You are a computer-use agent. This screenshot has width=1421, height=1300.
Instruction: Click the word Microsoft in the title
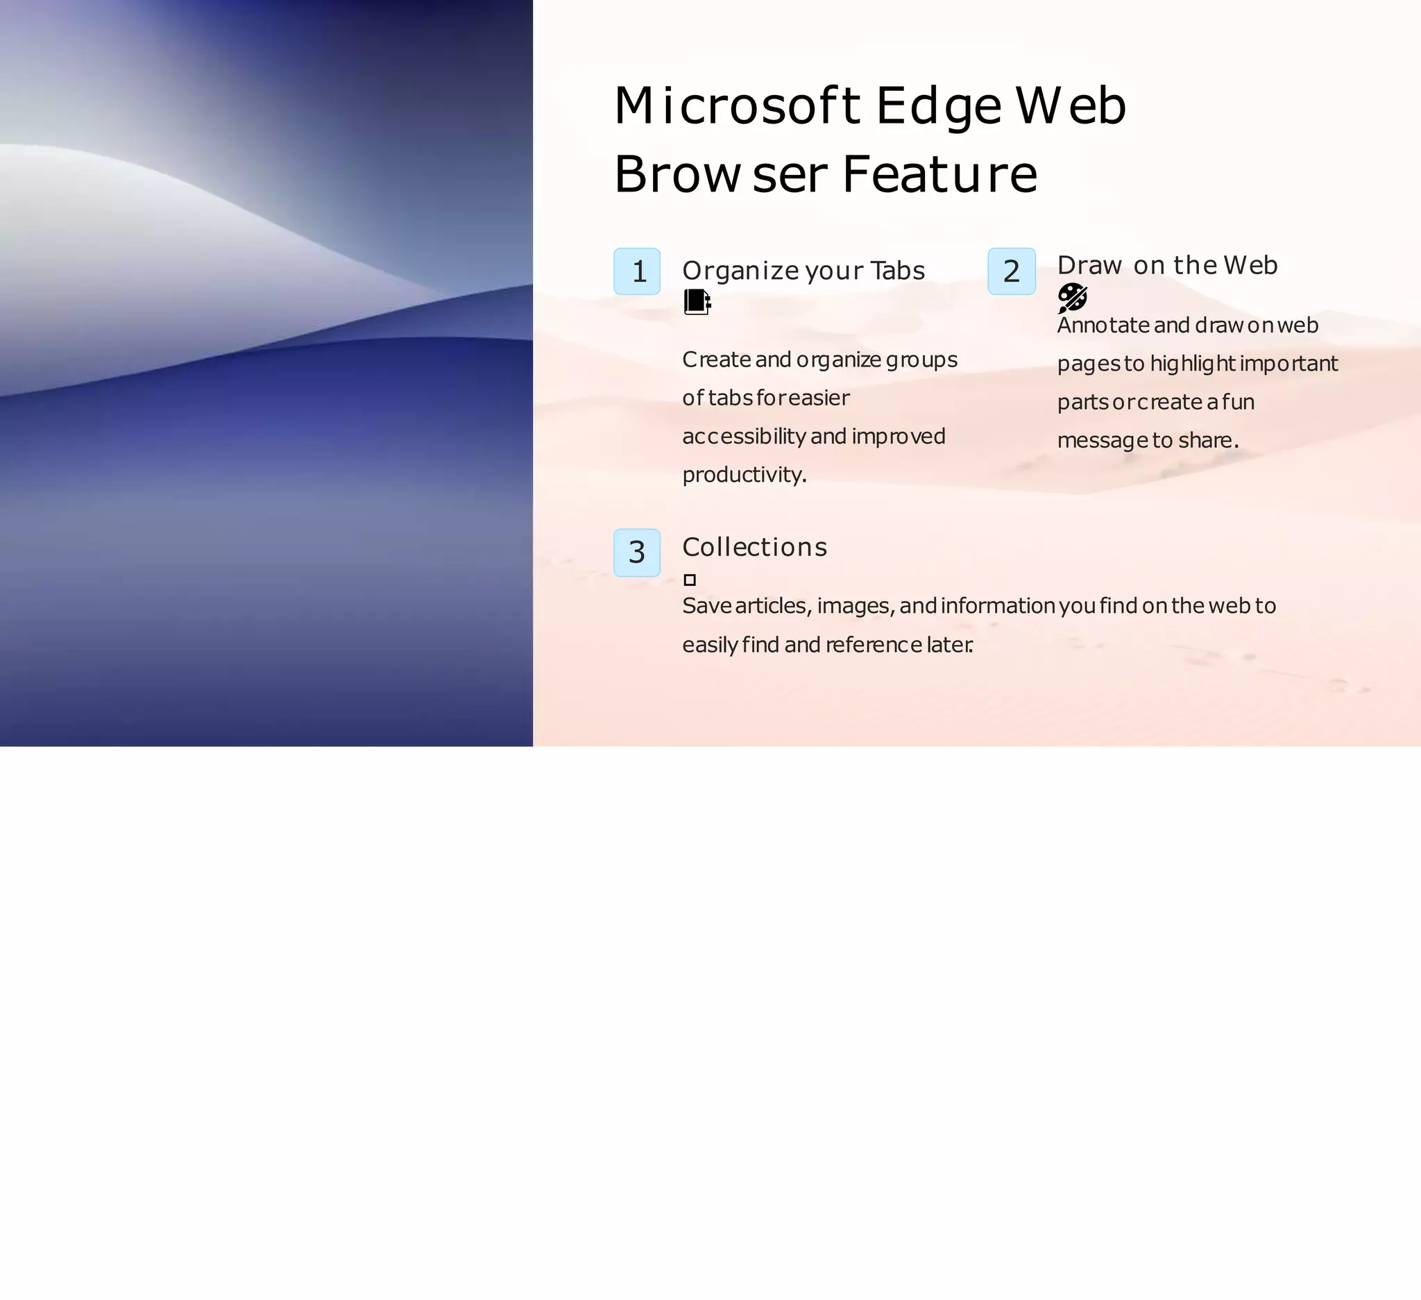(737, 106)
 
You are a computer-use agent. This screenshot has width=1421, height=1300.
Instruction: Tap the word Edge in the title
(938, 106)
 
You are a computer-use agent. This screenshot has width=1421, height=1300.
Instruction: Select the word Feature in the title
(939, 174)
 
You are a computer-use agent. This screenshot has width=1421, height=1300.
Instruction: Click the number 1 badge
(637, 271)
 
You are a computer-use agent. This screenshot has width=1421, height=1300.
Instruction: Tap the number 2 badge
(1012, 271)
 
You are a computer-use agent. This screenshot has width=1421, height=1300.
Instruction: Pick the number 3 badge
(637, 552)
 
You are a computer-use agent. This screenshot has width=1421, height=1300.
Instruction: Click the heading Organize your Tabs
(803, 271)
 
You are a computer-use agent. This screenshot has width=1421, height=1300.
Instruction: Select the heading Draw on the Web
(1167, 265)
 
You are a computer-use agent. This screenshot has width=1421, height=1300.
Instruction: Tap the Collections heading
(755, 547)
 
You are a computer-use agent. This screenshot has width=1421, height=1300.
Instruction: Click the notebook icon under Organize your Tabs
(697, 302)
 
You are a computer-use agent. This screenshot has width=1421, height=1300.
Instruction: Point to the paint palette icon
(1072, 298)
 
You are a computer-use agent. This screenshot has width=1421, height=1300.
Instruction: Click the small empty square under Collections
(690, 580)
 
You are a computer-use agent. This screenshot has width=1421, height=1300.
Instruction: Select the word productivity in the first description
(744, 475)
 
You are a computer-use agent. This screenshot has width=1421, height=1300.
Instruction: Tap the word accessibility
(744, 437)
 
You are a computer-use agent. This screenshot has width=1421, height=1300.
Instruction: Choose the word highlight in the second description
(1193, 364)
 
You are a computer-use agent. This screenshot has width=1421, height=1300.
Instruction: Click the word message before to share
(1102, 441)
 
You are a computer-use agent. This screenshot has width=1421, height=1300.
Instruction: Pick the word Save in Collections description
(706, 607)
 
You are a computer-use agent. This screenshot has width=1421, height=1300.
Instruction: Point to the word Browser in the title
(720, 174)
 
